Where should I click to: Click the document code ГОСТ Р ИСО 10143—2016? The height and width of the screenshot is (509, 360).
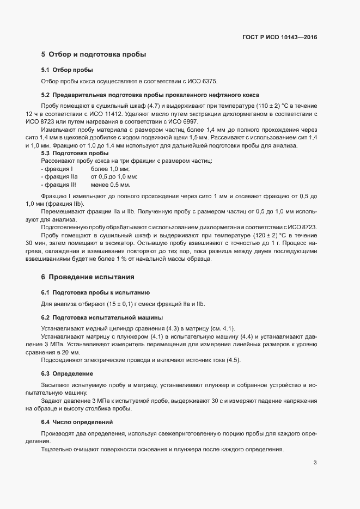coord(279,38)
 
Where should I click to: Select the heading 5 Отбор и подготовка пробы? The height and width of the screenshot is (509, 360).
coord(93,54)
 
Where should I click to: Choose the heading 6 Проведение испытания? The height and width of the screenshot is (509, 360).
coord(87,277)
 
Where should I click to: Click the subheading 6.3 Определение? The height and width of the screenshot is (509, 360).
coord(67,373)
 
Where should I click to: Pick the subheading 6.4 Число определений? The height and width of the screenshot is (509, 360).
coord(77,422)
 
